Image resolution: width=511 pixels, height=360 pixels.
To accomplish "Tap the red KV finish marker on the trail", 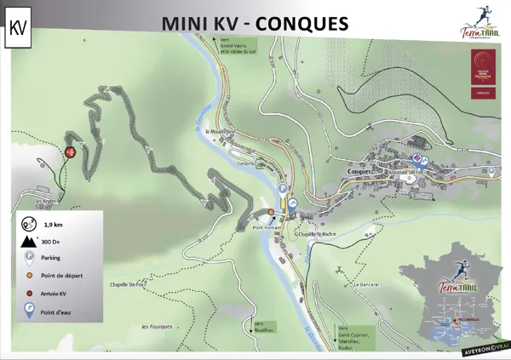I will [x=71, y=152].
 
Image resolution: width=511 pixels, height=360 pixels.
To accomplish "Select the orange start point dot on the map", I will [x=271, y=212].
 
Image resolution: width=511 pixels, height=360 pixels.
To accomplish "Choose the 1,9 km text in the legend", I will [x=55, y=224].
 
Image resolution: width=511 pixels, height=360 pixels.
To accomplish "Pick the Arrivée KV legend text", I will [x=57, y=294].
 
